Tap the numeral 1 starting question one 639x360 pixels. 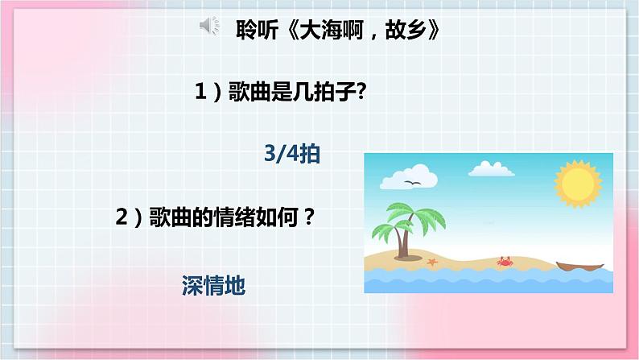[x=200, y=93]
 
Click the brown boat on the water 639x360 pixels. [x=579, y=265]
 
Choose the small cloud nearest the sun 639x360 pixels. [x=493, y=168]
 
